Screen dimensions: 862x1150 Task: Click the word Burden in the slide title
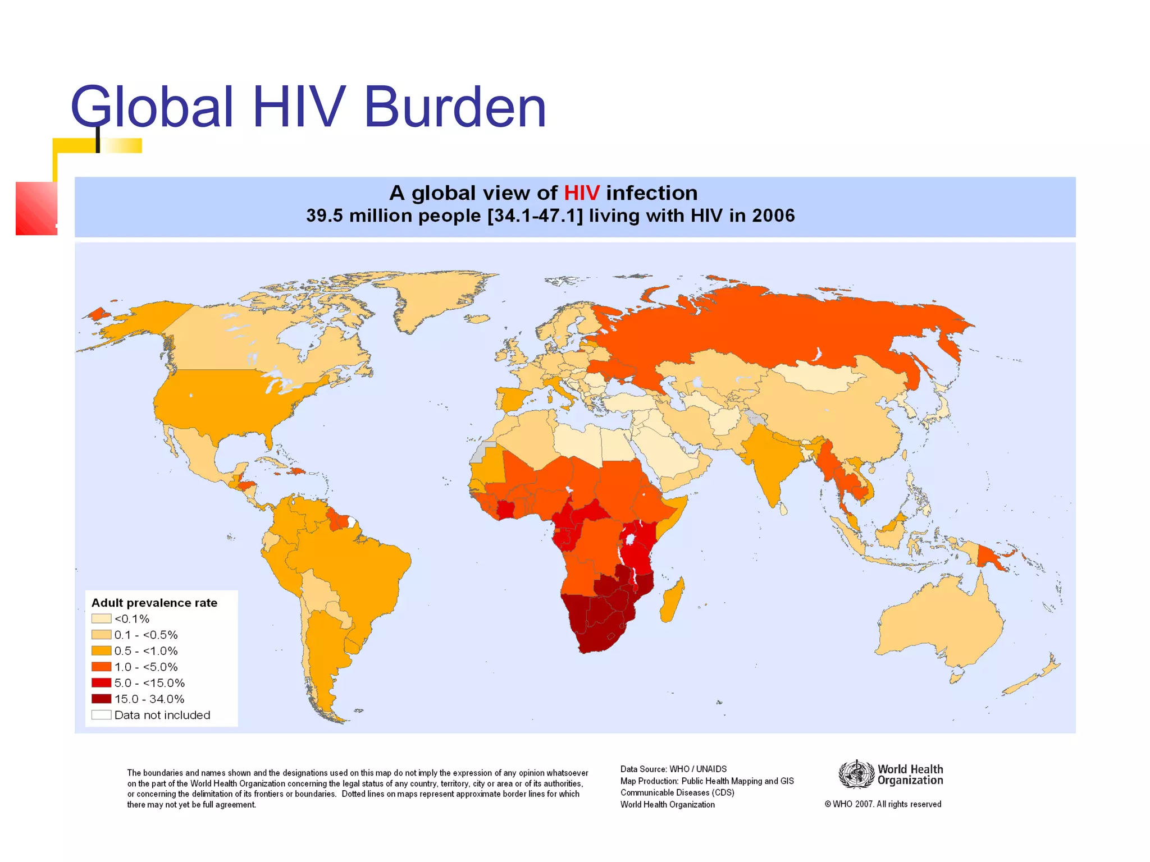(x=455, y=108)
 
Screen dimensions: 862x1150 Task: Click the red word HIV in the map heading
(x=581, y=193)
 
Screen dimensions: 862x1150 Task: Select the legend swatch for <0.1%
(x=101, y=618)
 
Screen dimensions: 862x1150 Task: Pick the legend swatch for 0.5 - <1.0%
(x=101, y=651)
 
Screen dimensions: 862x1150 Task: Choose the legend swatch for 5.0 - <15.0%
(x=101, y=683)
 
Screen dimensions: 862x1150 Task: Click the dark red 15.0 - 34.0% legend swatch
(x=101, y=699)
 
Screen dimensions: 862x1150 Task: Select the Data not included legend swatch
(x=101, y=715)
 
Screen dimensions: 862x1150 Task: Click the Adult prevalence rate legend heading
(x=154, y=603)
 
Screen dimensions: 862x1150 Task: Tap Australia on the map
(x=938, y=623)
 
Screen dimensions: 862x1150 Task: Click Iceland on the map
(x=477, y=319)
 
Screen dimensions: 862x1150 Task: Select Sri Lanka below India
(x=783, y=510)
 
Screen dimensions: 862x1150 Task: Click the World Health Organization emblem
(x=856, y=774)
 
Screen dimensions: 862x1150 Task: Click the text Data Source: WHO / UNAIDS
(x=673, y=769)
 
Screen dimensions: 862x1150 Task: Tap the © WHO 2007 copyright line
(x=883, y=804)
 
